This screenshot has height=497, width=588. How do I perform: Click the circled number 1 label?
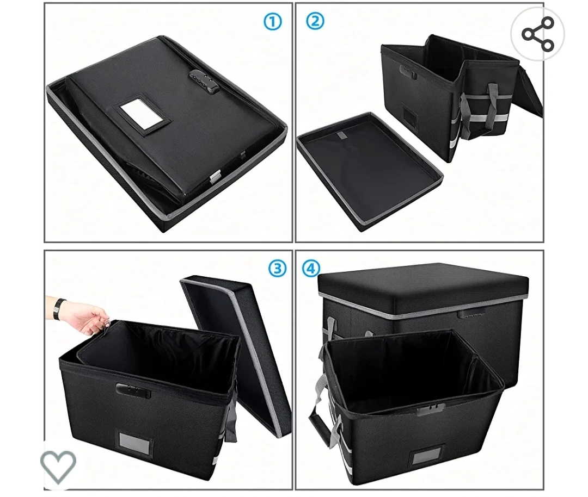click(x=273, y=22)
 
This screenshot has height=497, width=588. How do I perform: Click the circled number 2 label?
click(x=315, y=21)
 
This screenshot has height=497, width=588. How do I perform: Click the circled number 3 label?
click(x=278, y=268)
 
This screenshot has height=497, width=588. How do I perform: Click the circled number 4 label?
click(x=311, y=268)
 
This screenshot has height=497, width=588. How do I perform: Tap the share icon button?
click(x=537, y=34)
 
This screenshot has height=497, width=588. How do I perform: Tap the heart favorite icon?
click(x=58, y=466)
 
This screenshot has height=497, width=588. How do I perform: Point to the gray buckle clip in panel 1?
click(x=215, y=176)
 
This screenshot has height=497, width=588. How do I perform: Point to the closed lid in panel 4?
click(x=423, y=290)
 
